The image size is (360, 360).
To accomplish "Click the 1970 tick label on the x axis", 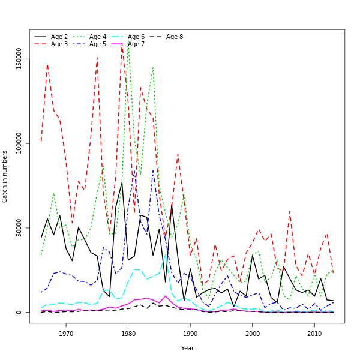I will point(66,334).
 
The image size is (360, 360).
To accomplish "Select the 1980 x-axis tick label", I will point(128,334).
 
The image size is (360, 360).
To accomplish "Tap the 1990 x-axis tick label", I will point(190,334).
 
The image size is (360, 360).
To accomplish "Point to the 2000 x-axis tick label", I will point(253,334).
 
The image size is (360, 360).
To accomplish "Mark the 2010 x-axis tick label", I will point(314,334).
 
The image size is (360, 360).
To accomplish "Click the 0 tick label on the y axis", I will point(19,312).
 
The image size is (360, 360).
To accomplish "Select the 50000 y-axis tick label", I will point(19,228).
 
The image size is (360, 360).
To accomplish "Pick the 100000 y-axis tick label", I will point(19,144).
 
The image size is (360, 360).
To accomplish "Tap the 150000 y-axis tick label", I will point(19,59).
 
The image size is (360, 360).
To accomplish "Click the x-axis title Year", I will point(187,348).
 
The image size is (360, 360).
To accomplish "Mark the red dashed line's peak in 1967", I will point(47,65).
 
